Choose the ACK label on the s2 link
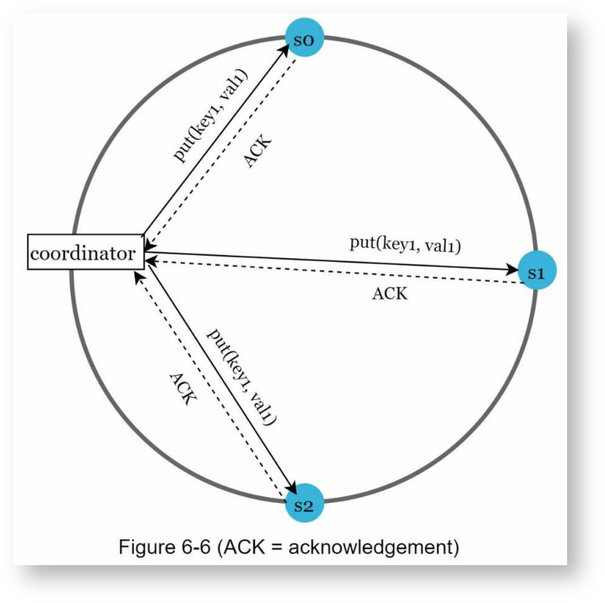pyautogui.click(x=182, y=388)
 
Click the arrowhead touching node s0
pyautogui.click(x=284, y=51)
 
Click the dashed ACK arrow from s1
pyautogui.click(x=332, y=272)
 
